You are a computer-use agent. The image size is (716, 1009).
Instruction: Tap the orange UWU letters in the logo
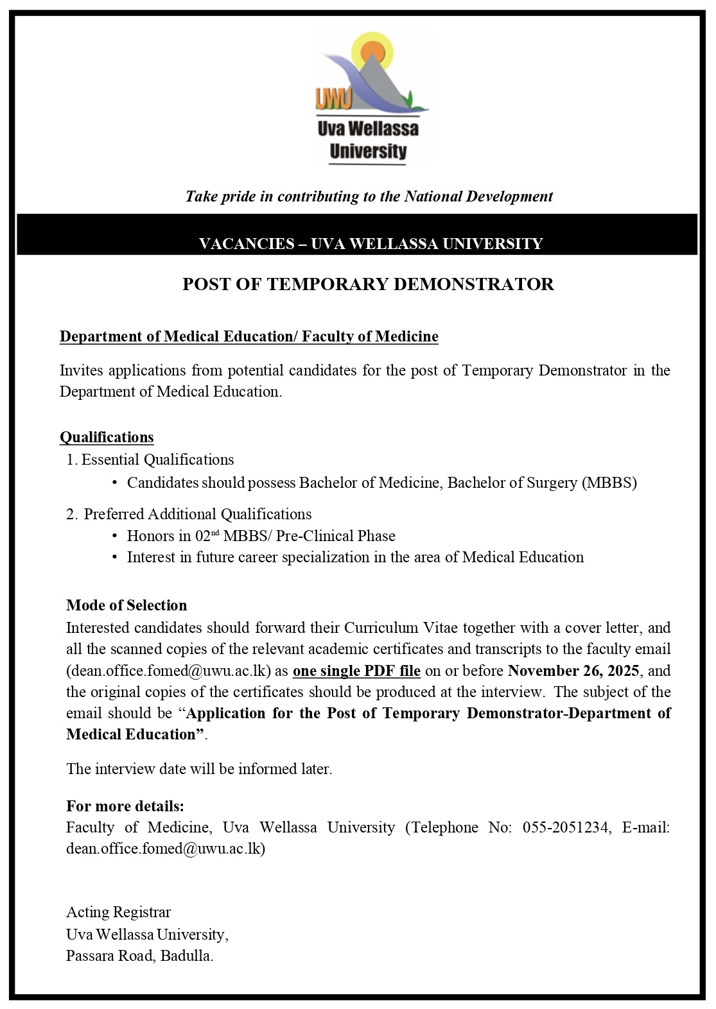pos(333,99)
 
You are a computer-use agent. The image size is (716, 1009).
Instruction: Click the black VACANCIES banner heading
pos(371,243)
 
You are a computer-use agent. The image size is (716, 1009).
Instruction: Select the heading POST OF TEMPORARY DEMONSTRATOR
pos(368,284)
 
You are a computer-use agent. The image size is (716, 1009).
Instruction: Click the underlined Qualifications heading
pos(107,437)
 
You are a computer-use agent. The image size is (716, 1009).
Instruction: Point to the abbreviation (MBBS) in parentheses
pos(609,483)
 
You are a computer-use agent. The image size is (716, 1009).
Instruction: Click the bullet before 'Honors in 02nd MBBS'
pos(114,536)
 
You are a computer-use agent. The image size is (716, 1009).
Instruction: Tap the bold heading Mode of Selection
pos(127,605)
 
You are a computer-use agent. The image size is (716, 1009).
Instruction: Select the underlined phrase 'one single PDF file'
pos(356,671)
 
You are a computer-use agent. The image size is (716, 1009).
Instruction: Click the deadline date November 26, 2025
pos(573,671)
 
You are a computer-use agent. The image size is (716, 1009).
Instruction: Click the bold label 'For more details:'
pos(125,806)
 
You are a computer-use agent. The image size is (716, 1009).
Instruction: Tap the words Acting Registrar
pos(119,912)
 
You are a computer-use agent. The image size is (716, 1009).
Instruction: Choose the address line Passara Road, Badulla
pos(140,956)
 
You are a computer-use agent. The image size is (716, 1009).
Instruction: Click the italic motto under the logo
pos(369,196)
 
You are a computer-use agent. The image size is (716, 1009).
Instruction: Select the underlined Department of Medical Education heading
pos(249,336)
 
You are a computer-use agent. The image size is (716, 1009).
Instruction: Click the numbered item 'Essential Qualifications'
pos(157,460)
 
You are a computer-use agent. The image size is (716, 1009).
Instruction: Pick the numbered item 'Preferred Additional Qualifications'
pos(197,514)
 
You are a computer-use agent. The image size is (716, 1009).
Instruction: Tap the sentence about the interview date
pos(199,769)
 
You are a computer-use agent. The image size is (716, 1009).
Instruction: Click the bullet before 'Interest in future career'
pos(114,557)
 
